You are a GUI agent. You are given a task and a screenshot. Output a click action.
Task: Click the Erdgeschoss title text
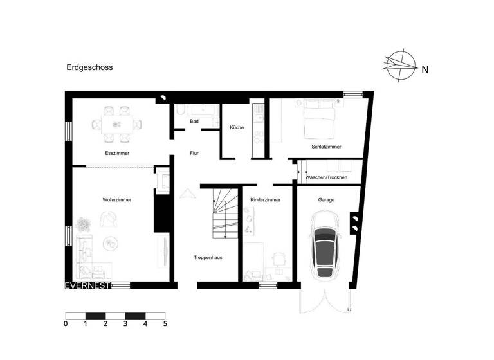coord(89,66)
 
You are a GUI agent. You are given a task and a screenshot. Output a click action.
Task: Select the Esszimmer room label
coord(117,154)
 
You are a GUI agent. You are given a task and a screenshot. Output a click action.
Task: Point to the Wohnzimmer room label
coord(117,200)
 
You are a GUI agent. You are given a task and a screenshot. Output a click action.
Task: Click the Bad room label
coord(194,121)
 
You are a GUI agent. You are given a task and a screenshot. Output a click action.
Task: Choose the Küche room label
coord(237,127)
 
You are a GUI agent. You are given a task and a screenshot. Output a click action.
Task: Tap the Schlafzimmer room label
coord(326,147)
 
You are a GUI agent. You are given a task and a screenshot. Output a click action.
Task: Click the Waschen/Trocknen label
coord(327,177)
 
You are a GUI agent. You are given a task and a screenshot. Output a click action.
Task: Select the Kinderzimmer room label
coord(266,200)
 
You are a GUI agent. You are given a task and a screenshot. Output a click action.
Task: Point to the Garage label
coord(326,200)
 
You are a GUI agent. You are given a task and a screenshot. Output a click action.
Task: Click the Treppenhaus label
coord(208,257)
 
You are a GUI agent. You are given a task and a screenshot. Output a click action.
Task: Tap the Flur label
coord(194,154)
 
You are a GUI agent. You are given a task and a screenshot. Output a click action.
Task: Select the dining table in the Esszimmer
coord(117,123)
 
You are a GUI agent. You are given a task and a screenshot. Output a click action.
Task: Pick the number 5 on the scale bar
coord(165,325)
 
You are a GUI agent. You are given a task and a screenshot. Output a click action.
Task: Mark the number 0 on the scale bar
coord(66,325)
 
